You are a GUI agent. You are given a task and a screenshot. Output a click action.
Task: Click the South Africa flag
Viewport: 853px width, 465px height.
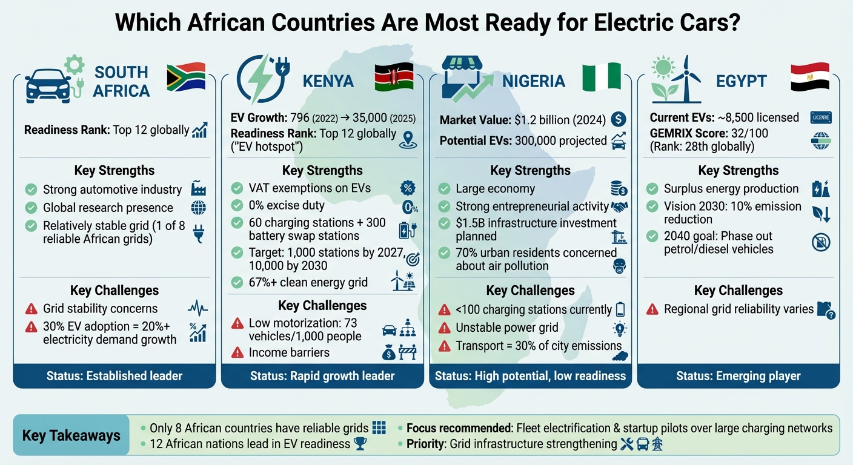186,77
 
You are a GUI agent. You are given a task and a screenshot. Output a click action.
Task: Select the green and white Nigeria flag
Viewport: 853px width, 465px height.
601,77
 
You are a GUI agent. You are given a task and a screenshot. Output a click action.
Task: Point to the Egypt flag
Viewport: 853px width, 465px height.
810,77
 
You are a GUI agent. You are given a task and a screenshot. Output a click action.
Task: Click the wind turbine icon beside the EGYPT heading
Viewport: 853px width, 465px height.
685,79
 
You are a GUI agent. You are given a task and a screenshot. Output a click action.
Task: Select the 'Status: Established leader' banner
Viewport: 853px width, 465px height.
115,376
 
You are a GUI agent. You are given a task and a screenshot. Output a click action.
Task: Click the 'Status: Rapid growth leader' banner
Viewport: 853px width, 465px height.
322,376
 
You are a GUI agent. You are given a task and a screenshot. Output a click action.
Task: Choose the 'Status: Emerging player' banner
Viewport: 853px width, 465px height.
738,376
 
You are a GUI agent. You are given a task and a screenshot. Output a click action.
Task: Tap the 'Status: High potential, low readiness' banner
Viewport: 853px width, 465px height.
530,376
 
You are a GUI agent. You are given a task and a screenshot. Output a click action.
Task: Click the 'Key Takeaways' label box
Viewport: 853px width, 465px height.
71,435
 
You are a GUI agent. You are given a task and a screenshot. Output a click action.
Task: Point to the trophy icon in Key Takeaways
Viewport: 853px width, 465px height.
360,444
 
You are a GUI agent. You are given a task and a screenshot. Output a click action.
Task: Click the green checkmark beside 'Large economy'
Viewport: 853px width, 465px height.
444,189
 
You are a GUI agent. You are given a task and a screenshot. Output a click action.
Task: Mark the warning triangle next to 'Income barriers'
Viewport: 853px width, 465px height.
237,352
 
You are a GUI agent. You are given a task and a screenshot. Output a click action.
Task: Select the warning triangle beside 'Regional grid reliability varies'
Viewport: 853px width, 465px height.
652,309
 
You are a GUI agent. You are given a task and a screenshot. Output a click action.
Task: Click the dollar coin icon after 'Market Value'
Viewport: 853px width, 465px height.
618,119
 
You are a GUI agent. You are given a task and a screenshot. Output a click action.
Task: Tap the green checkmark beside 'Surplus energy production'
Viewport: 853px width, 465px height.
652,189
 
